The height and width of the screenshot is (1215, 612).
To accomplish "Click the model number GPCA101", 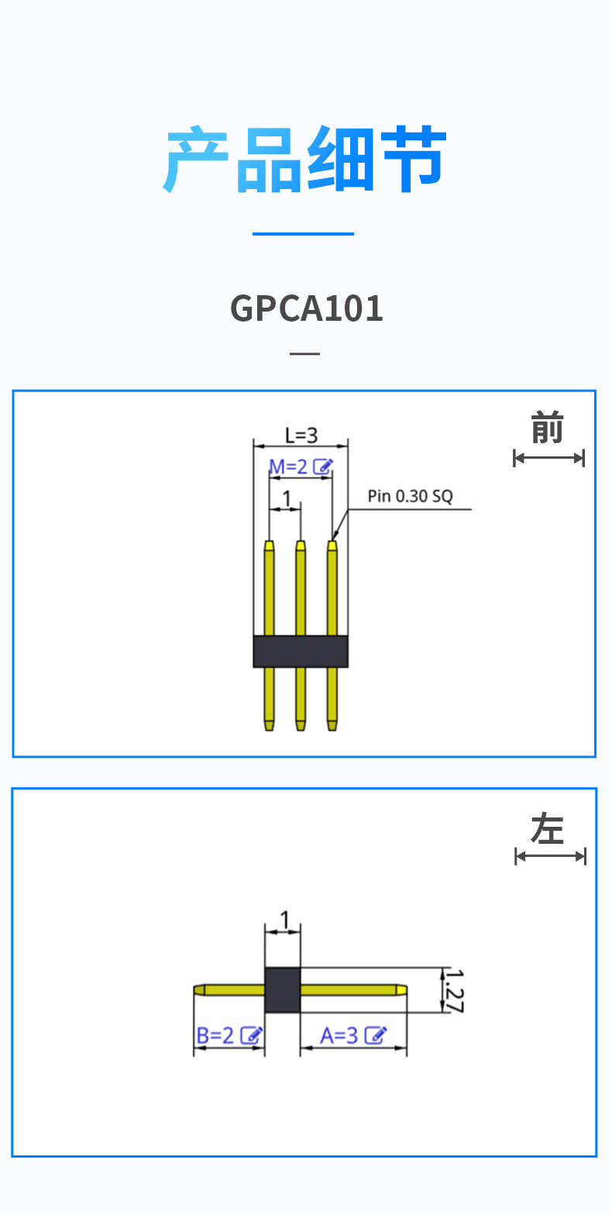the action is (x=307, y=308).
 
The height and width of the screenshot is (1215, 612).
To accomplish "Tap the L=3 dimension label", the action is (x=301, y=435).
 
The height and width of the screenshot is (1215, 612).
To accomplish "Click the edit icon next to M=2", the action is (x=324, y=466).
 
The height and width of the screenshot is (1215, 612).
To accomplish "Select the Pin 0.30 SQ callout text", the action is (x=410, y=496).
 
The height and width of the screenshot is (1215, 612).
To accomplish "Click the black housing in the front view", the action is (x=301, y=651).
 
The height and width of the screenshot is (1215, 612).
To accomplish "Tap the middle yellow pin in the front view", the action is (x=301, y=589).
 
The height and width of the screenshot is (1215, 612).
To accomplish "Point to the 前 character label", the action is (x=547, y=429).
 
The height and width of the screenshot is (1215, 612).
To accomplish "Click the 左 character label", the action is (x=548, y=830).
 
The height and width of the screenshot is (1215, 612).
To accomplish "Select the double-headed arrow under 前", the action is (x=548, y=458).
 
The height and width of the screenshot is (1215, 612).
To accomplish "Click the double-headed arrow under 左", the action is (x=550, y=856).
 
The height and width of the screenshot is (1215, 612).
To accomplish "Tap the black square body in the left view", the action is (x=282, y=990).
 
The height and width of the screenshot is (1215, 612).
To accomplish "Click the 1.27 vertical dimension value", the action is (x=455, y=990).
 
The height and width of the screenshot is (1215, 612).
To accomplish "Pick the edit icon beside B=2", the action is (x=251, y=1035).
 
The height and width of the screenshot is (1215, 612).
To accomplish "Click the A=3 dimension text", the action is (x=339, y=1035).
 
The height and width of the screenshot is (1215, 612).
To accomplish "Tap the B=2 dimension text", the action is (x=215, y=1035).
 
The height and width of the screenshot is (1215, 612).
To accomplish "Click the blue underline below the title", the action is (x=303, y=233).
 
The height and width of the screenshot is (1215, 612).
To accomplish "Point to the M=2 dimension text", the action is (x=288, y=466).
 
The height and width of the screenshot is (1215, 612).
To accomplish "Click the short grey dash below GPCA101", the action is (x=304, y=353).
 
